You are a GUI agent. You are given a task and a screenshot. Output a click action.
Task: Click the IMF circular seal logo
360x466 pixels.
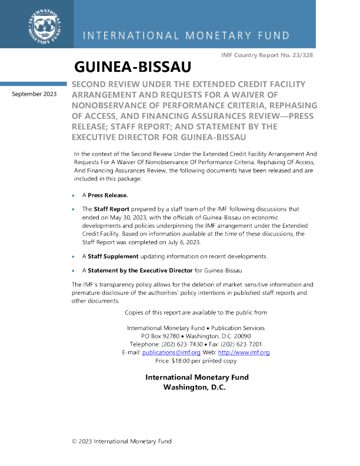[45, 26]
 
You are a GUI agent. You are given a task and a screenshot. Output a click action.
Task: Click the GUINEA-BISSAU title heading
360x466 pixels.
[133, 66]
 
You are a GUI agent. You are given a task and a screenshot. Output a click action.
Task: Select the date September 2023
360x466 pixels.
[34, 94]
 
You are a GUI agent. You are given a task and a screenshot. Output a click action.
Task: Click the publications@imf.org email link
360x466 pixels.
[171, 352]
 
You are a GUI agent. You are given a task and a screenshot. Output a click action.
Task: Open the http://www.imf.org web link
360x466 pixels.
[244, 352]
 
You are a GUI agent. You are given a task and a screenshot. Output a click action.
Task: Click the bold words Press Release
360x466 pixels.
[108, 195]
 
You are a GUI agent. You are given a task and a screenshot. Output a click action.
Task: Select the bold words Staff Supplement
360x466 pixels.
[113, 257]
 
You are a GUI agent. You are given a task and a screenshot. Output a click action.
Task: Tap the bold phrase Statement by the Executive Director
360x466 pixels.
[140, 271]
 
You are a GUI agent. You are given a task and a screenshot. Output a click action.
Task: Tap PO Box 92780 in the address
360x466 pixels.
[161, 336]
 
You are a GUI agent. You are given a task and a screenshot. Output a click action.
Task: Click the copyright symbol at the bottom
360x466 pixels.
[74, 442]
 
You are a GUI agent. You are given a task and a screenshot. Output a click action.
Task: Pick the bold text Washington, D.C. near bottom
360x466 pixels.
[195, 387]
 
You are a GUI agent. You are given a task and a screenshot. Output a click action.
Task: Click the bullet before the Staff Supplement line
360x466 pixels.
[73, 257]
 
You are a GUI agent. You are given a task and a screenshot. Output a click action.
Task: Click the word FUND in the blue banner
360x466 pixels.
[274, 36]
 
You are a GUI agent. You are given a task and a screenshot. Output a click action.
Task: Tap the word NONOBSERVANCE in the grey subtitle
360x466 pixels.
[113, 105]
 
